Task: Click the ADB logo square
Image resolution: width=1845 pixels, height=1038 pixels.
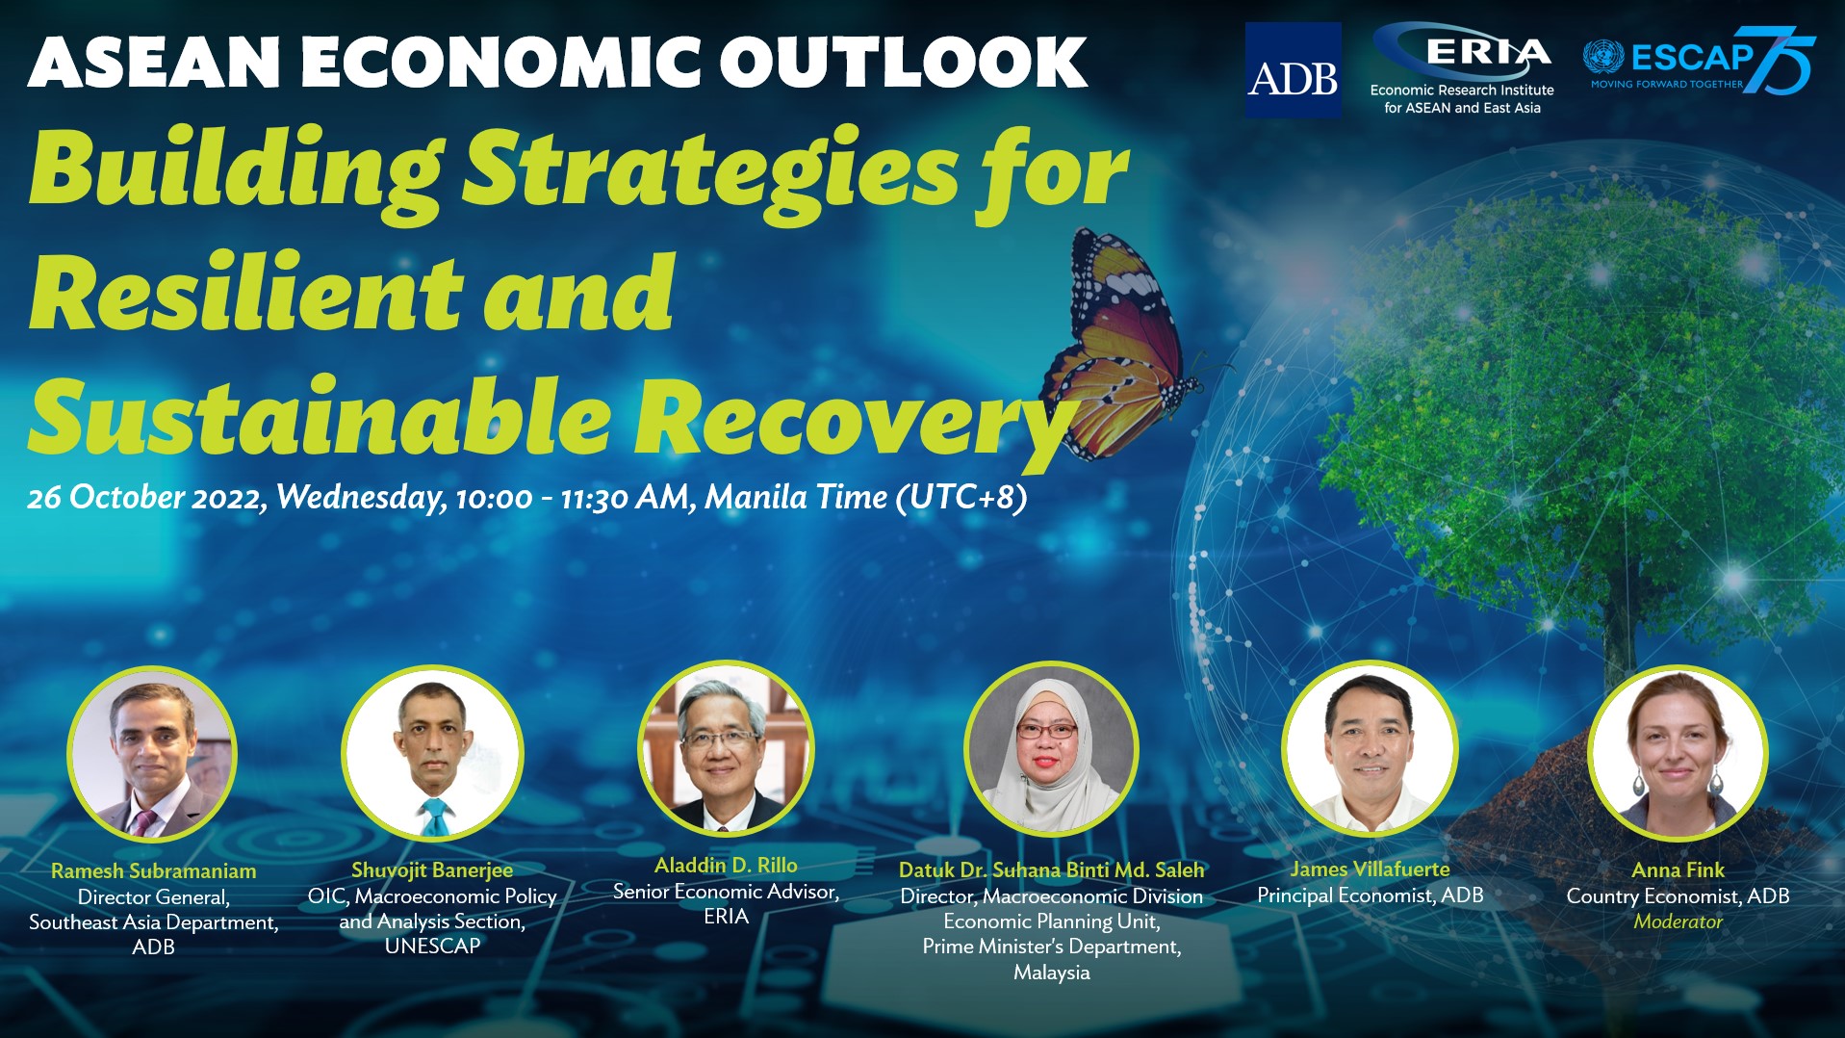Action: pos(1293,70)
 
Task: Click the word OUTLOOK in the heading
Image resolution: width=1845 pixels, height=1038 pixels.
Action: pos(903,64)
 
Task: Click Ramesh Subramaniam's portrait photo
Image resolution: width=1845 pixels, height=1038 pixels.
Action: pos(152,753)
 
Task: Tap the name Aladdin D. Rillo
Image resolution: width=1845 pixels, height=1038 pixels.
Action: pos(726,865)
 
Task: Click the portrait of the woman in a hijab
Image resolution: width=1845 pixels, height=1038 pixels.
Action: pos(1051,750)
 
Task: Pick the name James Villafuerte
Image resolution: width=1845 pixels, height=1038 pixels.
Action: pos(1370,869)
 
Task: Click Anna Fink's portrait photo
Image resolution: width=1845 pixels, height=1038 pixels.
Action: pos(1678,753)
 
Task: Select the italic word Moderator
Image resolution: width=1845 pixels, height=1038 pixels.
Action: pos(1678,921)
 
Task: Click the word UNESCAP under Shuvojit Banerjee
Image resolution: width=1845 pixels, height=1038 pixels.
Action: pos(432,947)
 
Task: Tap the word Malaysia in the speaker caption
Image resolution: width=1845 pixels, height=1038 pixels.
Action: pos(1051,973)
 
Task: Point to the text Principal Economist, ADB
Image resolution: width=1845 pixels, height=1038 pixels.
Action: pos(1370,895)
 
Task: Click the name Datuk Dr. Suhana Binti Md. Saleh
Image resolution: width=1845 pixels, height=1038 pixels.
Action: pos(1051,869)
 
